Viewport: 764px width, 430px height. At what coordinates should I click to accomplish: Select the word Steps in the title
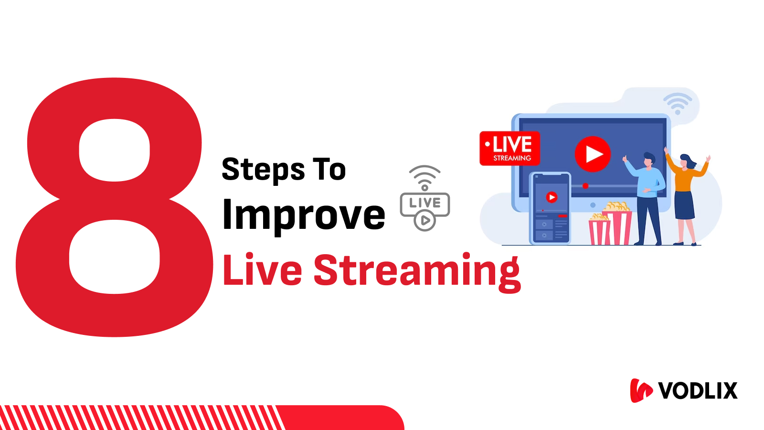click(264, 170)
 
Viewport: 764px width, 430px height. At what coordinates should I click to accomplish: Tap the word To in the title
click(329, 170)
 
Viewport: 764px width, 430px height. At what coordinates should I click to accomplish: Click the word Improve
click(304, 215)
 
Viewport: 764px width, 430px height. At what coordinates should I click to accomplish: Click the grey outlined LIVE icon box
click(424, 204)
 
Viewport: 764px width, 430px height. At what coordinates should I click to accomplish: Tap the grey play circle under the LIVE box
click(425, 221)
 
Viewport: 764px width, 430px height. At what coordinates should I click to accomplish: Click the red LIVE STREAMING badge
click(510, 149)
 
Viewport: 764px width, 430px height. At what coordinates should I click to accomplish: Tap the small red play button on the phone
click(552, 197)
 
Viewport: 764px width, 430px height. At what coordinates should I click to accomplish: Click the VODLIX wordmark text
click(698, 391)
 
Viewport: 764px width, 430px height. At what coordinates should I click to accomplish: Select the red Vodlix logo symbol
click(641, 390)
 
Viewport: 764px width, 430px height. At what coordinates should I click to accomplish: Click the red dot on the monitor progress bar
click(585, 186)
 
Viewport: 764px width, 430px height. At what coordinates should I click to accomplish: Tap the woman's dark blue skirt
click(684, 205)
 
